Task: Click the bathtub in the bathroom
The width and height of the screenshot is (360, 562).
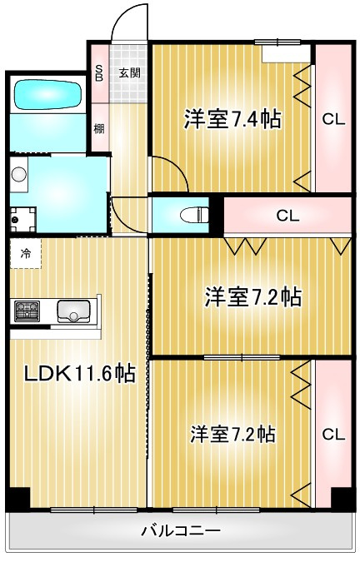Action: tap(47, 94)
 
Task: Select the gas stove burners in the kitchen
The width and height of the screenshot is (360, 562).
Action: tap(27, 311)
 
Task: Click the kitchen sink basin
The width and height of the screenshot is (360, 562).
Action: tap(74, 311)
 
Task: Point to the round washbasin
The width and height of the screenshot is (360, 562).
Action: tap(18, 175)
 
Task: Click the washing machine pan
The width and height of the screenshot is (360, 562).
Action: tap(22, 219)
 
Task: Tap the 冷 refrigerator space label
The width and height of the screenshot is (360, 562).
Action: tap(25, 253)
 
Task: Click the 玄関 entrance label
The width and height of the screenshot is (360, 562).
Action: tap(129, 73)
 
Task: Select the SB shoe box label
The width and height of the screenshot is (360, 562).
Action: tap(99, 72)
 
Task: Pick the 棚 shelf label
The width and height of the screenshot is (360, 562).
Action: tap(99, 128)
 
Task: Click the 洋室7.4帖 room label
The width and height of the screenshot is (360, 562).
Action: tap(232, 119)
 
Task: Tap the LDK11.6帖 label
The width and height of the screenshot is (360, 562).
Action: tap(79, 374)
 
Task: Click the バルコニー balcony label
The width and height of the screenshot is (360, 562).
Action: tap(180, 530)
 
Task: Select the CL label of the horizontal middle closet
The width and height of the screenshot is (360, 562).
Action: tap(287, 216)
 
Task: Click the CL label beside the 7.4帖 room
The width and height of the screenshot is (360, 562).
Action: tap(333, 119)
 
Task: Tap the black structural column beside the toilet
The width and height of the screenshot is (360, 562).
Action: tap(216, 216)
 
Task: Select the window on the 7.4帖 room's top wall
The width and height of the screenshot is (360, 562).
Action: tap(277, 42)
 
